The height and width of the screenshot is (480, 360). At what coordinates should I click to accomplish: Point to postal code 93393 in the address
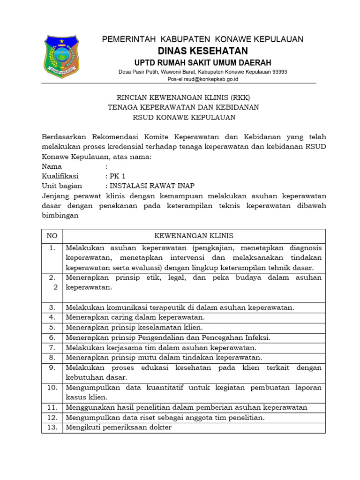click(279, 72)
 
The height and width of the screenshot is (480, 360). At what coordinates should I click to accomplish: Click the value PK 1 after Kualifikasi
click(118, 176)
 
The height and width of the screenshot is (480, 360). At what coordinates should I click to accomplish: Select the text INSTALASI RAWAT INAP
click(152, 186)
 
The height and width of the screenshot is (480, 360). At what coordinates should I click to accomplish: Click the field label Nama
click(52, 166)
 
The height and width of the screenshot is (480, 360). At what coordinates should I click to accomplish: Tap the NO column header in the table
click(52, 236)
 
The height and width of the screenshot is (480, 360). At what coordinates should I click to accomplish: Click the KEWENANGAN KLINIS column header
click(194, 236)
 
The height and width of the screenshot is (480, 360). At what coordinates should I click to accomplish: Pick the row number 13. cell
click(52, 427)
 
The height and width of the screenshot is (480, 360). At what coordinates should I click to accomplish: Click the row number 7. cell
click(52, 347)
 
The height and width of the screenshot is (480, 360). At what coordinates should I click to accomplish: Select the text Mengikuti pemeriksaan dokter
click(119, 427)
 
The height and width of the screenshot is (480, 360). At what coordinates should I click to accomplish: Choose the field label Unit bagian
click(62, 186)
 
